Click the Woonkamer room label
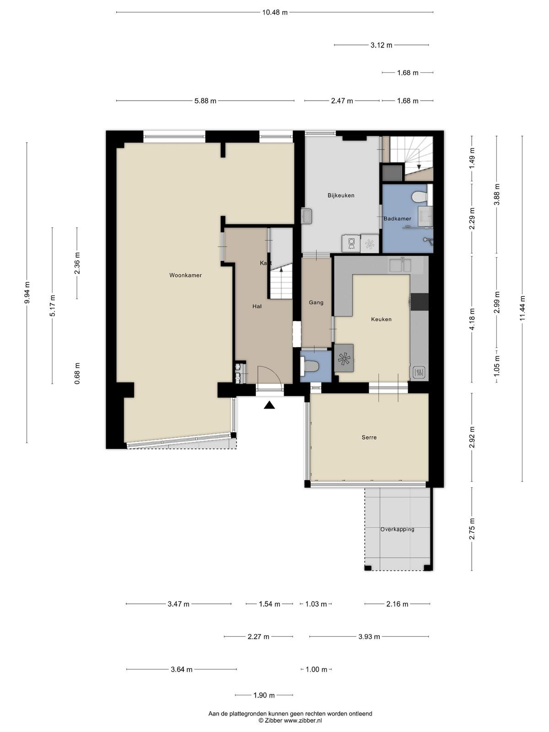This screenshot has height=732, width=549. pos(185,275)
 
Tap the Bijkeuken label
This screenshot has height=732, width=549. pos(341,195)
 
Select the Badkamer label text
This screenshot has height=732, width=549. pos(397,219)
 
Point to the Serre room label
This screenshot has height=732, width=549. pos(369,437)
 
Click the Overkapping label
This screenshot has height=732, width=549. pos(397,529)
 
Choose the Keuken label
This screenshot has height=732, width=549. pos(381,319)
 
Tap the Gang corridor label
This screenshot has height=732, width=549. pos(316,302)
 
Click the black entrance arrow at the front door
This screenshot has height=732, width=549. pos(269,405)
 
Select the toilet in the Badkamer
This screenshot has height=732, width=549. pos(420,197)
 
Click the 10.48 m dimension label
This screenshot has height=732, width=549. pos(274,12)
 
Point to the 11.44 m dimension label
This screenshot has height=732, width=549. pos(522,308)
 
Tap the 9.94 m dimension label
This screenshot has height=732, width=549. pos(27,292)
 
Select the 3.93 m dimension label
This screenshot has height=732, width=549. pos(369,637)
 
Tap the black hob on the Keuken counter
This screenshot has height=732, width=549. pos(420,301)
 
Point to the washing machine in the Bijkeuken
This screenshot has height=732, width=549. pos(351,243)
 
